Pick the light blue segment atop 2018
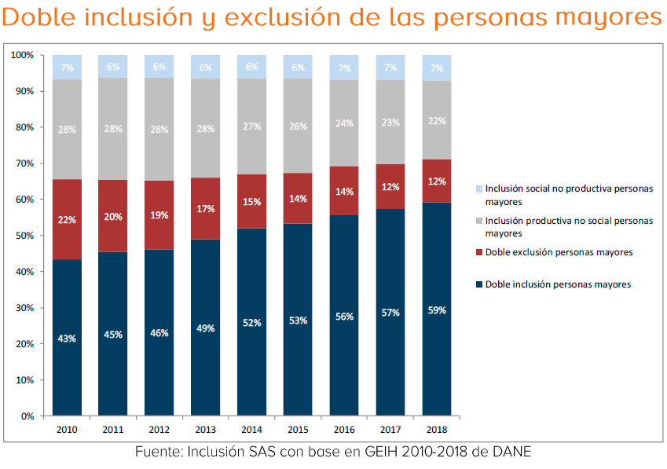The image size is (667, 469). click(437, 68)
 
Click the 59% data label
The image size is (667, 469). click(437, 310)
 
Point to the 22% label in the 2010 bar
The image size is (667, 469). click(67, 220)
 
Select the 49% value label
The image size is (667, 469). click(206, 328)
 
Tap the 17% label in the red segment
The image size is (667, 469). click(206, 210)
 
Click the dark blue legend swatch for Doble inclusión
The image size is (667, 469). click(479, 284)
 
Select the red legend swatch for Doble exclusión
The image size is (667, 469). click(479, 253)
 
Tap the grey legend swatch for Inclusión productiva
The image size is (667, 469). click(479, 222)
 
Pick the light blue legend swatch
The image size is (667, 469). click(479, 189)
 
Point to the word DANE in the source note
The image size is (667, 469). click(514, 453)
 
